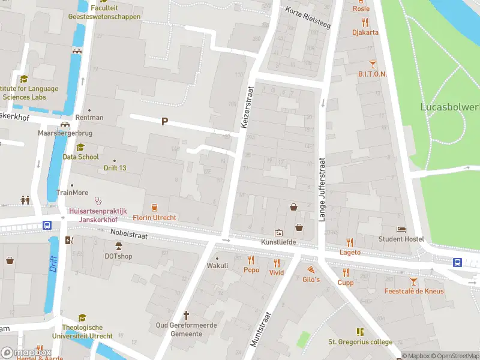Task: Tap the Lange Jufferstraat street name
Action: pyautogui.click(x=322, y=190)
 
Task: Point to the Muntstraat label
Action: pyautogui.click(x=261, y=328)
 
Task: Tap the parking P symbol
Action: pyautogui.click(x=164, y=122)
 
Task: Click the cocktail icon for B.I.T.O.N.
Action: pyautogui.click(x=373, y=63)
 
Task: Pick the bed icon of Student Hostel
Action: pyautogui.click(x=401, y=229)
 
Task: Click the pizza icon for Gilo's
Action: pyautogui.click(x=311, y=270)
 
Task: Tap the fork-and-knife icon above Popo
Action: pyautogui.click(x=251, y=260)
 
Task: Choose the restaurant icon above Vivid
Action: pyautogui.click(x=277, y=262)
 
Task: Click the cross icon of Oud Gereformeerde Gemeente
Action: pyautogui.click(x=186, y=315)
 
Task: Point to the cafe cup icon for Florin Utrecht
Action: pyautogui.click(x=155, y=208)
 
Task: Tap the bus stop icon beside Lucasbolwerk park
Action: pyautogui.click(x=457, y=262)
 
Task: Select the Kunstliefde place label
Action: pyautogui.click(x=278, y=242)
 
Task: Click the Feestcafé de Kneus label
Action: pyautogui.click(x=414, y=291)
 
